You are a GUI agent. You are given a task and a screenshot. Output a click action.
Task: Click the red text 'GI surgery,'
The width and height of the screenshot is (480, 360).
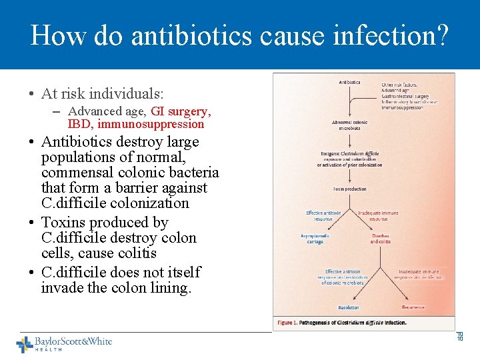coord(181,111)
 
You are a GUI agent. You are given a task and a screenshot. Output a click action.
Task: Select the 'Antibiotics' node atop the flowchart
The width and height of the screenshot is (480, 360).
coord(349,83)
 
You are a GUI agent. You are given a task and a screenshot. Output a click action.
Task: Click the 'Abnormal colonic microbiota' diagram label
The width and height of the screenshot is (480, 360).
coord(350,125)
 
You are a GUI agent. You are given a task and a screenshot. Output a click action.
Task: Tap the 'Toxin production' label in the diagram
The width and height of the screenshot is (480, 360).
coord(350,189)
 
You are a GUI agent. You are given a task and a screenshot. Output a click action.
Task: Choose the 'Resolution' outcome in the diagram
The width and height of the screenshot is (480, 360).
coord(348,307)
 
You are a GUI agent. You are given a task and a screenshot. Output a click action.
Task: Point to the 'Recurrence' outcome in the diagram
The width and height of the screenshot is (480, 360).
coord(413,307)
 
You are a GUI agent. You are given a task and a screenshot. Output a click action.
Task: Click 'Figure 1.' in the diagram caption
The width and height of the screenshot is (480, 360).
coord(287,323)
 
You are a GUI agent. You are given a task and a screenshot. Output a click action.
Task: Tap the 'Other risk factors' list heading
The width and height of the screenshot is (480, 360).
coord(399,85)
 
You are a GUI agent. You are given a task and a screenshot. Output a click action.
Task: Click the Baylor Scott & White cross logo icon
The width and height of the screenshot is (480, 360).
coord(25,345)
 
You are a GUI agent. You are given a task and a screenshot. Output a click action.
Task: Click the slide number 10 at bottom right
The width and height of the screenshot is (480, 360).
coord(459,337)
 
